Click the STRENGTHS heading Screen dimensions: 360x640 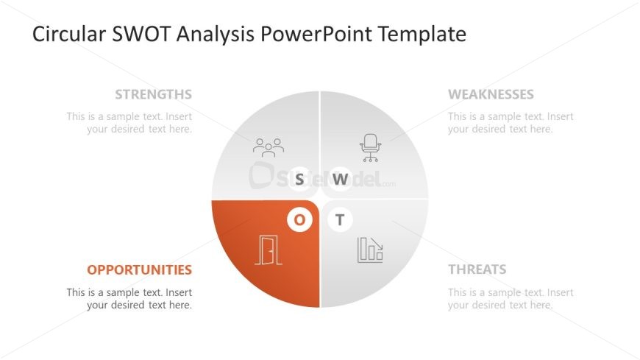153,94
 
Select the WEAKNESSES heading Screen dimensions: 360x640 491,94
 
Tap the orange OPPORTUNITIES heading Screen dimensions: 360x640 139,269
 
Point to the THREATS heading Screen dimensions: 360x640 477,269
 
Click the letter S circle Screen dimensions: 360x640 299,179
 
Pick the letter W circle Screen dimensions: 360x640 340,179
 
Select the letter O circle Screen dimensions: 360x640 299,219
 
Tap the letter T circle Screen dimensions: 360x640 340,219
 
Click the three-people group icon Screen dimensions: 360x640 269,147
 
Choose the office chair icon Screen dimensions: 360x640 370,147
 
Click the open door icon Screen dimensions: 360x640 269,250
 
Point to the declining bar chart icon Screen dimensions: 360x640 370,250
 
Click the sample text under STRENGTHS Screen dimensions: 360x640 129,122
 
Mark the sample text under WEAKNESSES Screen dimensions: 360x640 511,122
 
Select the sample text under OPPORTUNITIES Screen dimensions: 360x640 129,298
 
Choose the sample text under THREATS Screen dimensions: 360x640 511,298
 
